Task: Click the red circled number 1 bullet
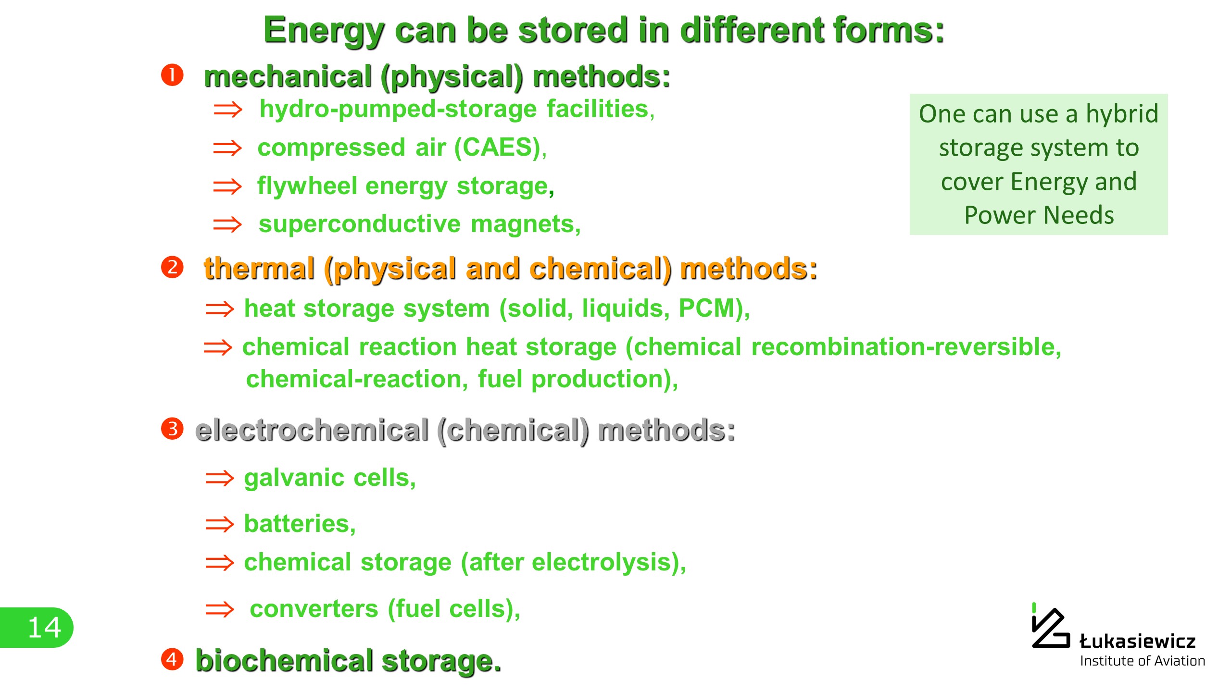pos(172,75)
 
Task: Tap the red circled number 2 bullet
pos(172,267)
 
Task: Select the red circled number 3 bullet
pos(172,429)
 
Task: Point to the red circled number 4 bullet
pos(172,659)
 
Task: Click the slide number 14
pos(44,628)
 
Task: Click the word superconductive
pos(360,224)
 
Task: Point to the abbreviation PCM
pos(707,308)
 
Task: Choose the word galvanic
pos(294,478)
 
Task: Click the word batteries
pos(297,523)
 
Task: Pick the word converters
pos(314,609)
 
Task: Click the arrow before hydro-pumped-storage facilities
pos(228,110)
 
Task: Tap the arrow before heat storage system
pos(220,309)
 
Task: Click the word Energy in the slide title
pos(324,31)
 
